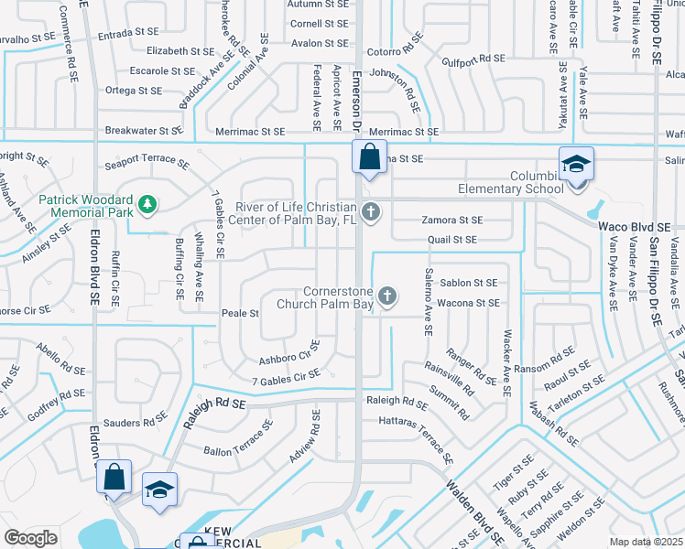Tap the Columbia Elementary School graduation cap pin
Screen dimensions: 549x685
(577, 166)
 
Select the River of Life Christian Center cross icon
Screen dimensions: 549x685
(371, 213)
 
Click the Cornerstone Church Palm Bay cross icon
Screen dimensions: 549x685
(387, 296)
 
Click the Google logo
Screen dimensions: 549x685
(30, 538)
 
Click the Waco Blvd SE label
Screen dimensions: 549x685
(635, 226)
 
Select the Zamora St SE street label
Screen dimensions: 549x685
(451, 221)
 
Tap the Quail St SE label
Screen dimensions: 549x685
(452, 240)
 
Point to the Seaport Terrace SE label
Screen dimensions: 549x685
(147, 166)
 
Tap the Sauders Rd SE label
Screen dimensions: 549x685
(134, 422)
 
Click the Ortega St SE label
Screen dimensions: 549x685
(134, 91)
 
